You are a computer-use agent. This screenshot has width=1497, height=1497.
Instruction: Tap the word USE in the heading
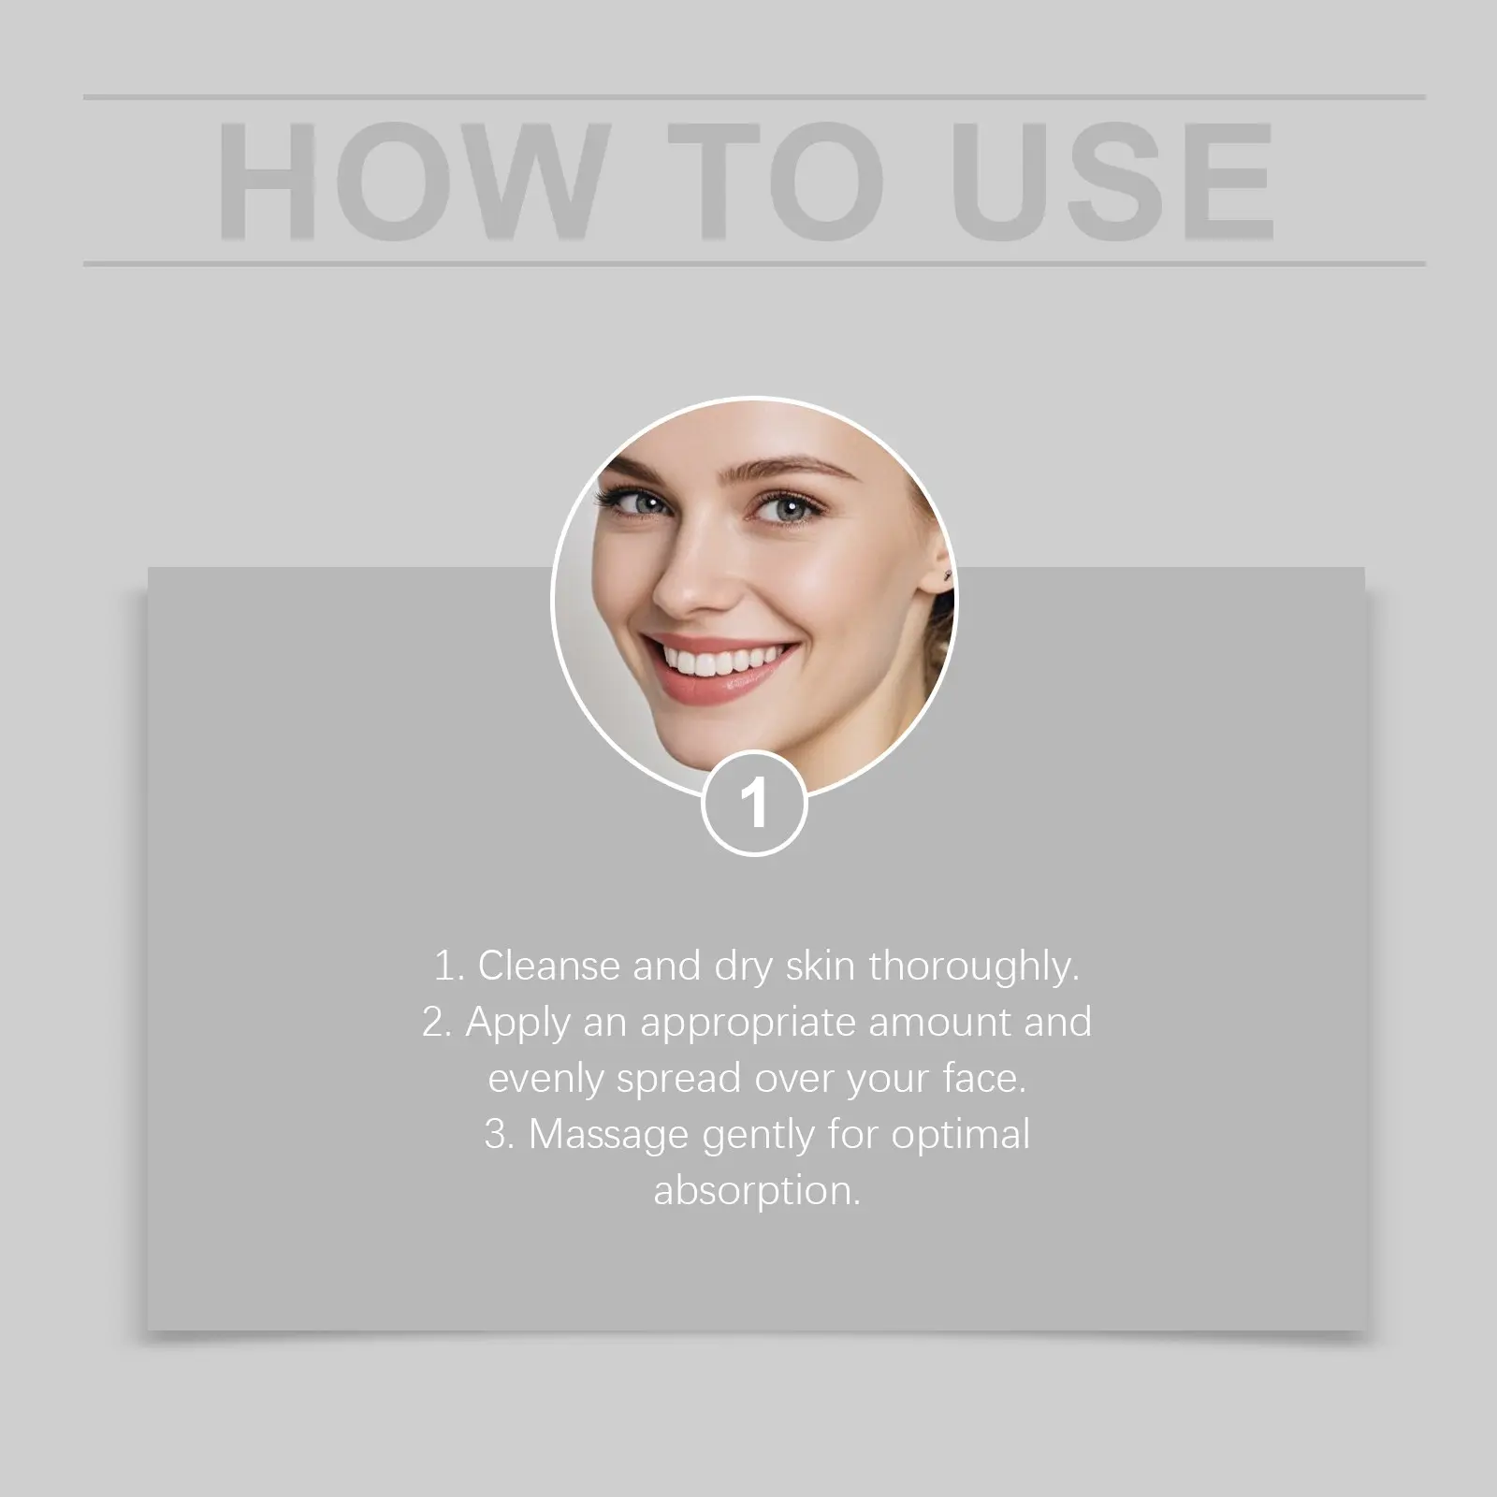click(x=1112, y=181)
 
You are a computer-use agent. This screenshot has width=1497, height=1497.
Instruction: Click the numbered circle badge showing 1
click(x=754, y=803)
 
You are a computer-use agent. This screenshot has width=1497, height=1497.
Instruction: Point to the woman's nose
click(x=688, y=575)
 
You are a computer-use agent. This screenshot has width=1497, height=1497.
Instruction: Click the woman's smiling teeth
click(x=721, y=661)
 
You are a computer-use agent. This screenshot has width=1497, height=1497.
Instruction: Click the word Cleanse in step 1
click(x=549, y=966)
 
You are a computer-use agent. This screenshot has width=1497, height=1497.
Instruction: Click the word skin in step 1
click(x=821, y=966)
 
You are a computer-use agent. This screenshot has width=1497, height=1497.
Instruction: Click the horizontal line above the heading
click(x=754, y=97)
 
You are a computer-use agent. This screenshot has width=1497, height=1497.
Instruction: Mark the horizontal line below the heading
click(x=754, y=264)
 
